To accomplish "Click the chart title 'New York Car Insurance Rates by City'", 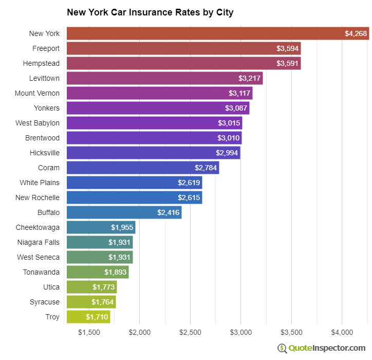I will coord(150,12).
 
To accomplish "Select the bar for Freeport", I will coord(183,48).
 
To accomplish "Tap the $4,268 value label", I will coord(356,33).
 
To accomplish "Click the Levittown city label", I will coord(44,78).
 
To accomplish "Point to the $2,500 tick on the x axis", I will coord(190,332).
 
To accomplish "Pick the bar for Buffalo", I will coord(124,212).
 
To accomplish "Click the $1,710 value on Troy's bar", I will coord(97,317).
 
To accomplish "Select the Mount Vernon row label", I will coord(37,93).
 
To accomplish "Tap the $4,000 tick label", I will coord(342,332).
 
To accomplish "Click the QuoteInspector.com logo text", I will coord(327,348).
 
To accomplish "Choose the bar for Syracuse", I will coord(91,302).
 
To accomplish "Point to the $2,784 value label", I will coord(206,168).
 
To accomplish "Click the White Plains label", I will coord(40,183).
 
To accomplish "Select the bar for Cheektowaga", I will coord(101,227).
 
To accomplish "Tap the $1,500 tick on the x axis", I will coord(89,332).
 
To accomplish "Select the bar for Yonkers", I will coord(158,108).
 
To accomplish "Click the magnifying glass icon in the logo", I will coord(282,348).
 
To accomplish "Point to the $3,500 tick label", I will coord(291,332).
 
